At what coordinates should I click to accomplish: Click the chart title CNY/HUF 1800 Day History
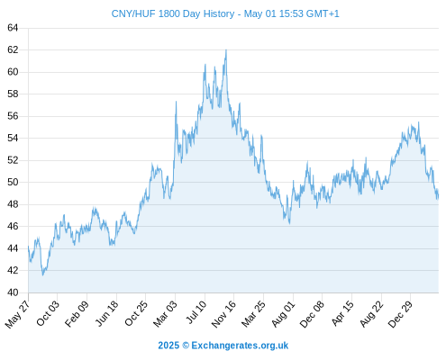coord(173,13)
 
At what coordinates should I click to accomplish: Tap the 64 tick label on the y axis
coord(13,28)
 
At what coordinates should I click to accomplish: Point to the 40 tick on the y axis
coord(13,292)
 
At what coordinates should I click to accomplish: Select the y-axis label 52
coord(13,160)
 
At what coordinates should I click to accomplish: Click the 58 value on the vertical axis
coord(13,94)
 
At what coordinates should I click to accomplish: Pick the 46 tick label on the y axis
coord(13,226)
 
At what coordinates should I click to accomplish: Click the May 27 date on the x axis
coord(17,314)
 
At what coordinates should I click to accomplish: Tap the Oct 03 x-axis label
coord(48,313)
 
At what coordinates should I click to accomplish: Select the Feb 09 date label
coord(77,313)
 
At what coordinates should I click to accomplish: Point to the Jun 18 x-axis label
coord(106,313)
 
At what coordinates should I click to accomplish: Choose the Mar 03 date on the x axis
coord(165,313)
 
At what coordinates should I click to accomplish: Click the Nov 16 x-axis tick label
coord(223,314)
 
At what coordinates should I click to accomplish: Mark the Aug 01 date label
coord(283,313)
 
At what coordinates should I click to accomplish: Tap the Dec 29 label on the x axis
coord(400,314)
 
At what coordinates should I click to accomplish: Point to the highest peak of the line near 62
coord(226,50)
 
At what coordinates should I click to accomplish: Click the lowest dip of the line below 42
coord(43,274)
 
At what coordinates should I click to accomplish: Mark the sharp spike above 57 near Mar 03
coord(176,102)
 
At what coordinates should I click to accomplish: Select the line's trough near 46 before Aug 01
coord(289,223)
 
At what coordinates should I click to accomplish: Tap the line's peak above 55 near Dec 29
coord(419,122)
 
